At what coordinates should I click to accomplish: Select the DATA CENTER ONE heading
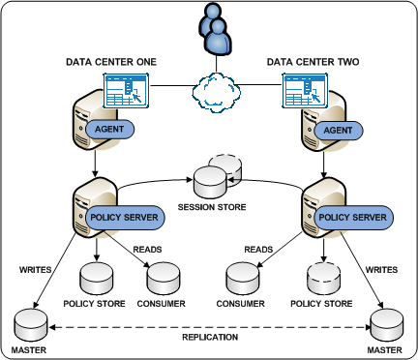point(111,62)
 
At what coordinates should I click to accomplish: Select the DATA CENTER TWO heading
point(313,62)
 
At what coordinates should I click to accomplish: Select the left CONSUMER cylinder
point(161,279)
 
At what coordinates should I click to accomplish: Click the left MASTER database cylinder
point(30,320)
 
